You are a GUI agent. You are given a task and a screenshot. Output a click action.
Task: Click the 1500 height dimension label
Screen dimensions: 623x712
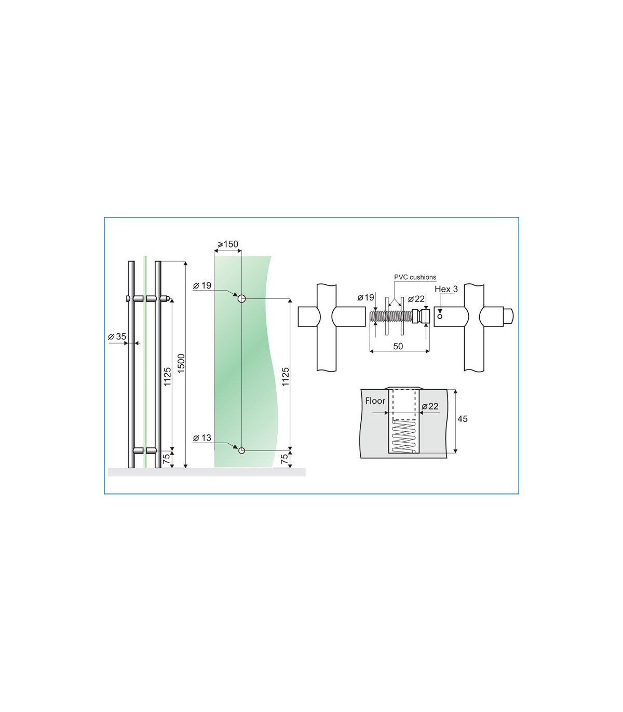coord(181,363)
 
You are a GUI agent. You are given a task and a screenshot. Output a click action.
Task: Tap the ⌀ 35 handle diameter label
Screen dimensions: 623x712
coord(117,336)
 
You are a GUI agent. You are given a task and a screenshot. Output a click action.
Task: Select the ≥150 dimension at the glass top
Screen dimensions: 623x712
coord(228,244)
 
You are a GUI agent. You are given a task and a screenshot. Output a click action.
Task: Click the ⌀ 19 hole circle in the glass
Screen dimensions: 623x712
coord(241,298)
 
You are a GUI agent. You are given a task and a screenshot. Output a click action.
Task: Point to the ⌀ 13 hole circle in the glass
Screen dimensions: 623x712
coord(241,450)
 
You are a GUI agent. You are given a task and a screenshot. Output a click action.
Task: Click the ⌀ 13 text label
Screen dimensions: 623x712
coord(202,437)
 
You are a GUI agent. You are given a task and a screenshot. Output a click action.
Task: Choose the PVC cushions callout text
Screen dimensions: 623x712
coord(415,277)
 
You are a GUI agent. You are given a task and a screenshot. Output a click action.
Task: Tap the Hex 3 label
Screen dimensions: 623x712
coord(446,289)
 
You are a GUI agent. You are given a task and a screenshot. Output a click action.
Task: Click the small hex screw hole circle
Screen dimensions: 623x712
coord(440,317)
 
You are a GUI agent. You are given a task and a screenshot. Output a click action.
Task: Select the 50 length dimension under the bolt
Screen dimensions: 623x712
coord(398,346)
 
